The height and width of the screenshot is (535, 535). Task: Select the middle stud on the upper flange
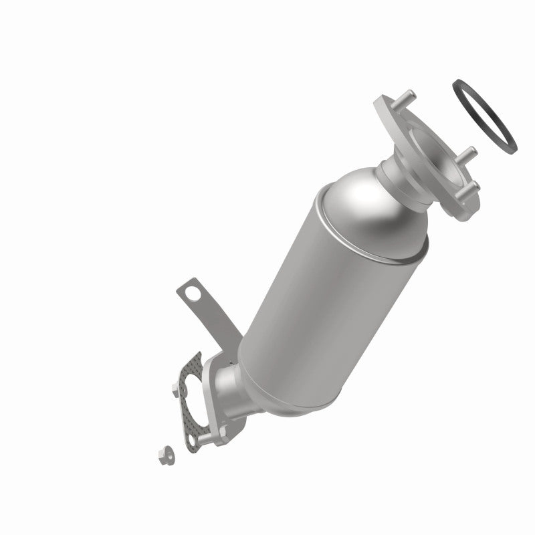pos(469,153)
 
